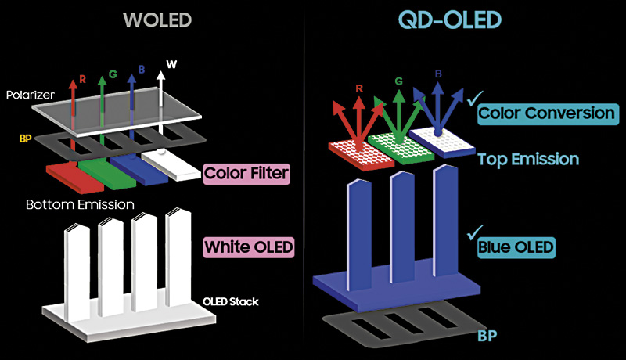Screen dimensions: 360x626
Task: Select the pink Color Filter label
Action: (244, 171)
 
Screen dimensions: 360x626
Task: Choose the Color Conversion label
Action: (546, 113)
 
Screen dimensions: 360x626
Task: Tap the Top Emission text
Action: (528, 159)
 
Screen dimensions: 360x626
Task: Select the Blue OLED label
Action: (516, 247)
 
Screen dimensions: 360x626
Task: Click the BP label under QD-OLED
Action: (490, 337)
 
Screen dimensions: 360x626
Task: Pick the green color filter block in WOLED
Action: (105, 170)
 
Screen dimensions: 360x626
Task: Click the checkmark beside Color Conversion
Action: (471, 99)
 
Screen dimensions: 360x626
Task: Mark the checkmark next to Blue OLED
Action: (471, 233)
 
